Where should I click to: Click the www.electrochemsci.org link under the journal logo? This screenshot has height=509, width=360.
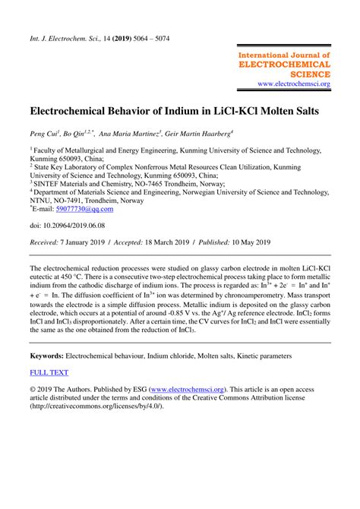point(293,84)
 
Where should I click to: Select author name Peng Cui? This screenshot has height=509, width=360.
point(46,133)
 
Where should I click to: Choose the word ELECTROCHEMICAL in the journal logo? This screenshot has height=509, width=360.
point(285,65)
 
